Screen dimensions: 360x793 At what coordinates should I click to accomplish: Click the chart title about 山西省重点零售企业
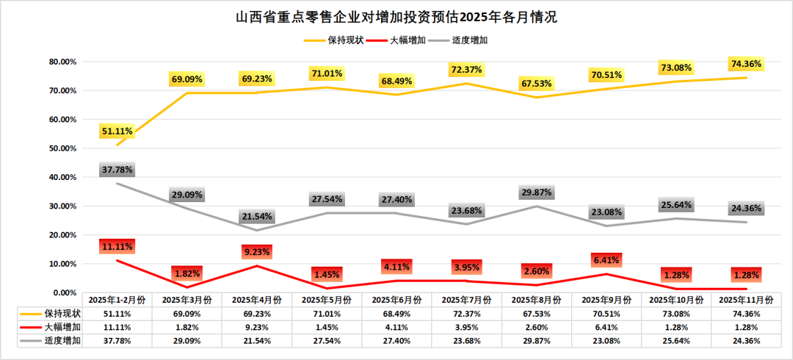pos(396,17)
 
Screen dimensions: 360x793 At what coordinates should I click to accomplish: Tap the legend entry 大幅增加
pos(406,40)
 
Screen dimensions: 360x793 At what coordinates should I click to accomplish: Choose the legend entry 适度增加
pos(470,40)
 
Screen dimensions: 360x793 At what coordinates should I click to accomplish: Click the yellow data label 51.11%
pos(117,132)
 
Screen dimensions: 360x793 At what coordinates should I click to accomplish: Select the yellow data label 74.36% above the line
pos(745,64)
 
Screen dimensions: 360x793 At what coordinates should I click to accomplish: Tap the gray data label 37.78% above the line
pos(117,170)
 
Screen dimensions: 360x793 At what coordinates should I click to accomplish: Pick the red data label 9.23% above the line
pos(257,251)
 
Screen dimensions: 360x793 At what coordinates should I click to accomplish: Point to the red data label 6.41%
pos(606,259)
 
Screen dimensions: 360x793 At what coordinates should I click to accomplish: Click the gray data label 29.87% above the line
pos(536,192)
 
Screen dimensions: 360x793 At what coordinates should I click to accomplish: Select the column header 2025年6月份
pos(396,300)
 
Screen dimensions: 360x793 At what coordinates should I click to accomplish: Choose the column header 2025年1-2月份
pos(117,300)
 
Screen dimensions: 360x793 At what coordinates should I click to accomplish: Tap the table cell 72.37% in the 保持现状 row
pos(466,313)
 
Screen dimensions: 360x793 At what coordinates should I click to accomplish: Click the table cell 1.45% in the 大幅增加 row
pos(327,327)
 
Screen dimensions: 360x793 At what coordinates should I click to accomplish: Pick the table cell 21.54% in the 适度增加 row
pos(257,341)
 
